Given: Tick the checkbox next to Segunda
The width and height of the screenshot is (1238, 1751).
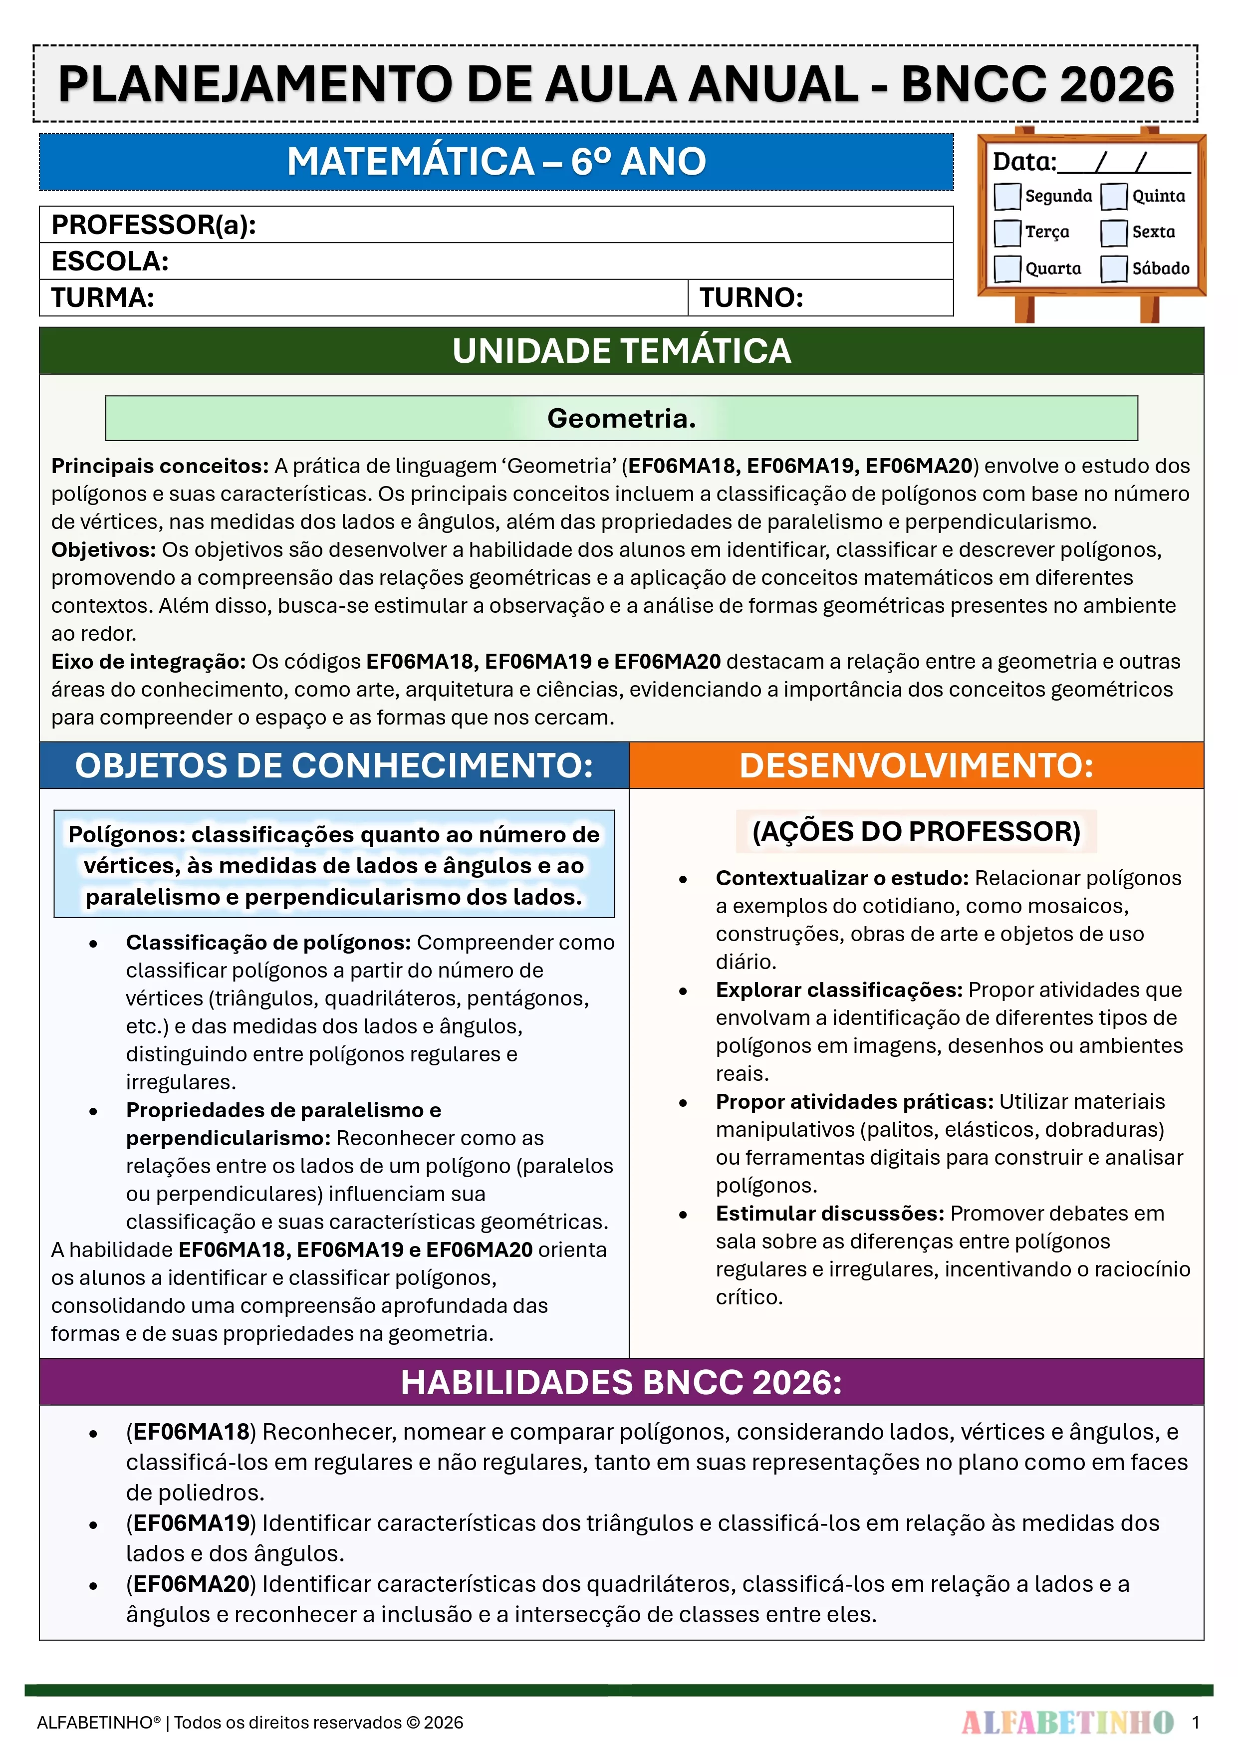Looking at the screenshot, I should coord(1007,196).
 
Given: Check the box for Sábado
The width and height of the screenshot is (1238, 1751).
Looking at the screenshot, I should coord(1114,268).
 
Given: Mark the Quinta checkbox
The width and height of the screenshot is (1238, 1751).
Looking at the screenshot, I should coord(1114,196).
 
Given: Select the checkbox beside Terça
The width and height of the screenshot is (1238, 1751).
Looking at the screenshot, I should coord(1007,233).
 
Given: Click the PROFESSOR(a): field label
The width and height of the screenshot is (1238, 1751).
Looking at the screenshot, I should coord(153,225).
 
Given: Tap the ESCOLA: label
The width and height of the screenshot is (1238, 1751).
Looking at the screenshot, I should coord(110,261).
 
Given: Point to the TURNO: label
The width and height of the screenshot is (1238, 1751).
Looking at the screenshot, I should coord(751,297).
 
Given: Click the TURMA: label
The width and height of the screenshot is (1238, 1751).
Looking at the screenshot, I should coord(103,297).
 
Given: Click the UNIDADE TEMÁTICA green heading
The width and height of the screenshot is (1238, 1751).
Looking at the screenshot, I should coord(621,351).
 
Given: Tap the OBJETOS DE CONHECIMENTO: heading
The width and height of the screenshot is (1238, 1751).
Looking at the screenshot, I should coord(334,765).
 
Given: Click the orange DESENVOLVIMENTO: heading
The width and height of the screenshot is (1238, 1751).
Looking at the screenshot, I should coord(916,765).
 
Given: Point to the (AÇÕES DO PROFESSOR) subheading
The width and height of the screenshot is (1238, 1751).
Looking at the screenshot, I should coord(916,831).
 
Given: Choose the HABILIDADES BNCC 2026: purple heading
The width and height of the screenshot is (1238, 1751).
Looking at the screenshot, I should coord(621,1382).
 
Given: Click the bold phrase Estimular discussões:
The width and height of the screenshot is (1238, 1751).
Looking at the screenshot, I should coord(829,1214).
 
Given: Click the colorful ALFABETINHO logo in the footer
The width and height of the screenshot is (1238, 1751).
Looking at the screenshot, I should coord(1067,1722).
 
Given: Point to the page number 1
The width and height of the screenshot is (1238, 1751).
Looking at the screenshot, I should coord(1195,1722).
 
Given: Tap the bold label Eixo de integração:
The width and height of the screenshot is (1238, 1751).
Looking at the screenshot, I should coord(148,661).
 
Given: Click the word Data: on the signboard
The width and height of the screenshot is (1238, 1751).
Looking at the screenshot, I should coord(1023,162).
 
